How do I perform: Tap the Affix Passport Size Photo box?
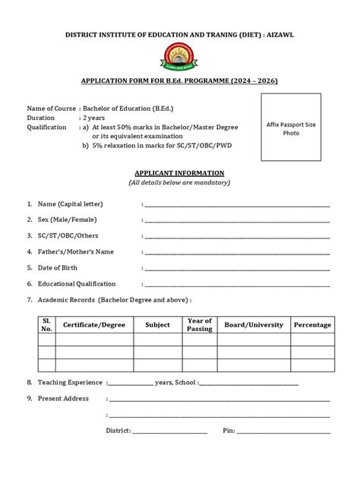coord(292,128)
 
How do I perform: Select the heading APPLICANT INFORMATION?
coord(179,173)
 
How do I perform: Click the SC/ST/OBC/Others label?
coord(68,236)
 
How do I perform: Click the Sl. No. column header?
coord(47,325)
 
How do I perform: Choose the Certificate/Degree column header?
coord(94,325)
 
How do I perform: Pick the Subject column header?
coord(157,325)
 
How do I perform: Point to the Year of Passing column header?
coord(200,325)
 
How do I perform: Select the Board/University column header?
coord(254,325)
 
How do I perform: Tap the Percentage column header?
coord(312,325)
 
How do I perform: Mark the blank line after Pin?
coord(284,431)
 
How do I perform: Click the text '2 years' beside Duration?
coord(94,118)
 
